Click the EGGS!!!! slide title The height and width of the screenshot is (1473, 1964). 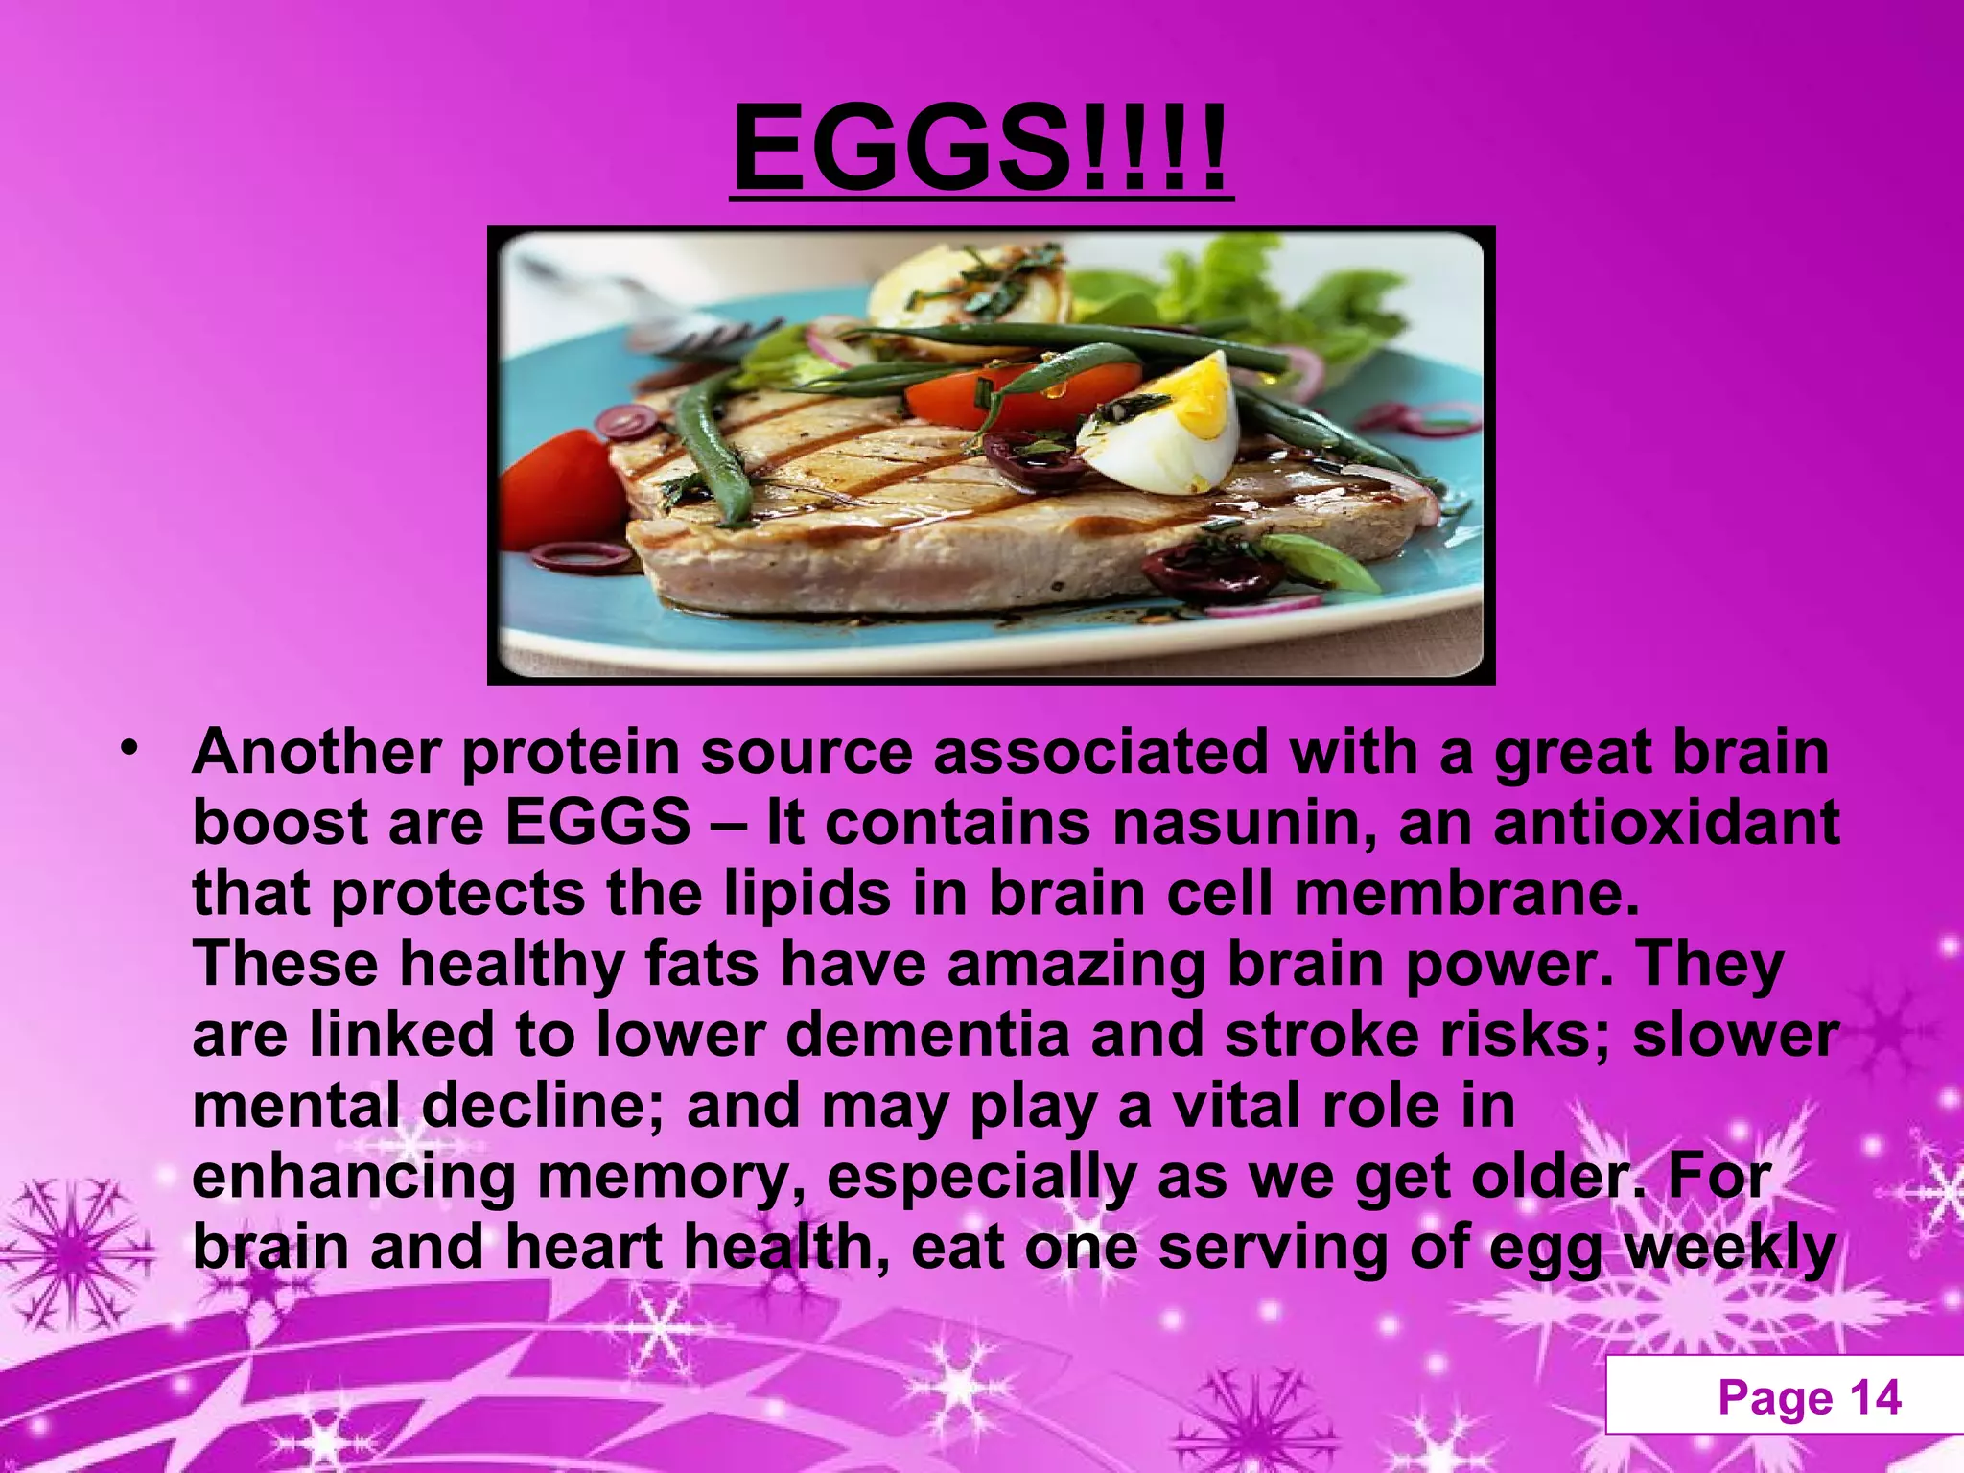pyautogui.click(x=980, y=149)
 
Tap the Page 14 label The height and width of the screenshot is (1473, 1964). pyautogui.click(x=1809, y=1397)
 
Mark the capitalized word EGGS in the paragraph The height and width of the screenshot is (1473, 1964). pyautogui.click(x=596, y=823)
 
